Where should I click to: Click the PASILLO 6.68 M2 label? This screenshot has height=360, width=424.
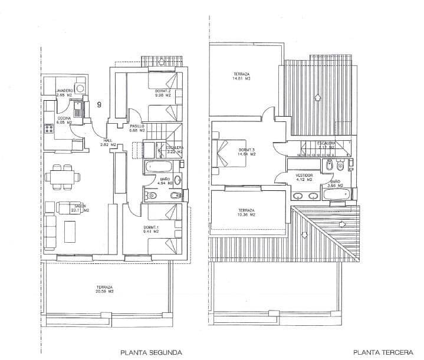coord(137,128)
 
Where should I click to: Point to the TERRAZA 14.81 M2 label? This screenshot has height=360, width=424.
coord(242,76)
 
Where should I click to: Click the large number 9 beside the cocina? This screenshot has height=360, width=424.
coord(98,104)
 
